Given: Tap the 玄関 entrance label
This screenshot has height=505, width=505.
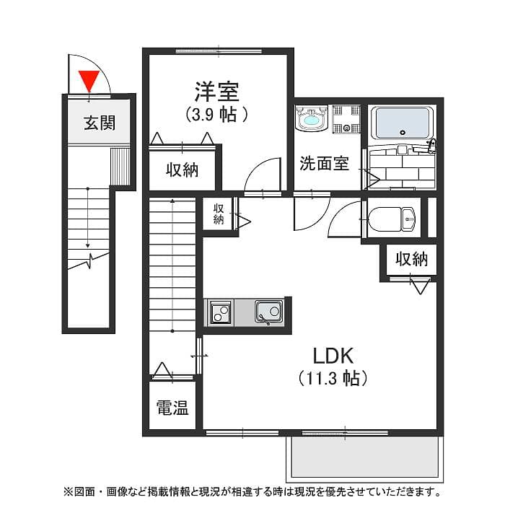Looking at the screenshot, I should pyautogui.click(x=99, y=123).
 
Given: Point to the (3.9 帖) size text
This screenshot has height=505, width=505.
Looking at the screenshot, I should pyautogui.click(x=216, y=114).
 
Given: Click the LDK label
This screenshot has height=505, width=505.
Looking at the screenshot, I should pyautogui.click(x=332, y=355).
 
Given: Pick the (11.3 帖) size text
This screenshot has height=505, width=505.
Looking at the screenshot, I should pyautogui.click(x=332, y=378).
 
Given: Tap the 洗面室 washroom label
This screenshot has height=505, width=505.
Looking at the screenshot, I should pyautogui.click(x=325, y=164).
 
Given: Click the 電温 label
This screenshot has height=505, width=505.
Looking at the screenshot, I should pyautogui.click(x=172, y=409).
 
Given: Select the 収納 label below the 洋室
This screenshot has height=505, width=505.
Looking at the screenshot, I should pyautogui.click(x=182, y=170).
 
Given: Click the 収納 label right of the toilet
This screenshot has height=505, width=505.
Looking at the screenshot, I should pyautogui.click(x=411, y=258).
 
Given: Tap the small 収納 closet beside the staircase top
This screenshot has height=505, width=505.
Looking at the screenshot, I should pyautogui.click(x=218, y=214).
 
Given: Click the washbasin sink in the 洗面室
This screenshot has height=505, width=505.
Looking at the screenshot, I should pyautogui.click(x=312, y=119).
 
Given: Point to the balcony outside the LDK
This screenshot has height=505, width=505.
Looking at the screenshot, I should pyautogui.click(x=363, y=459).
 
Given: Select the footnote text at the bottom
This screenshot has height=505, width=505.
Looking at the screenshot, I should pyautogui.click(x=252, y=492).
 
